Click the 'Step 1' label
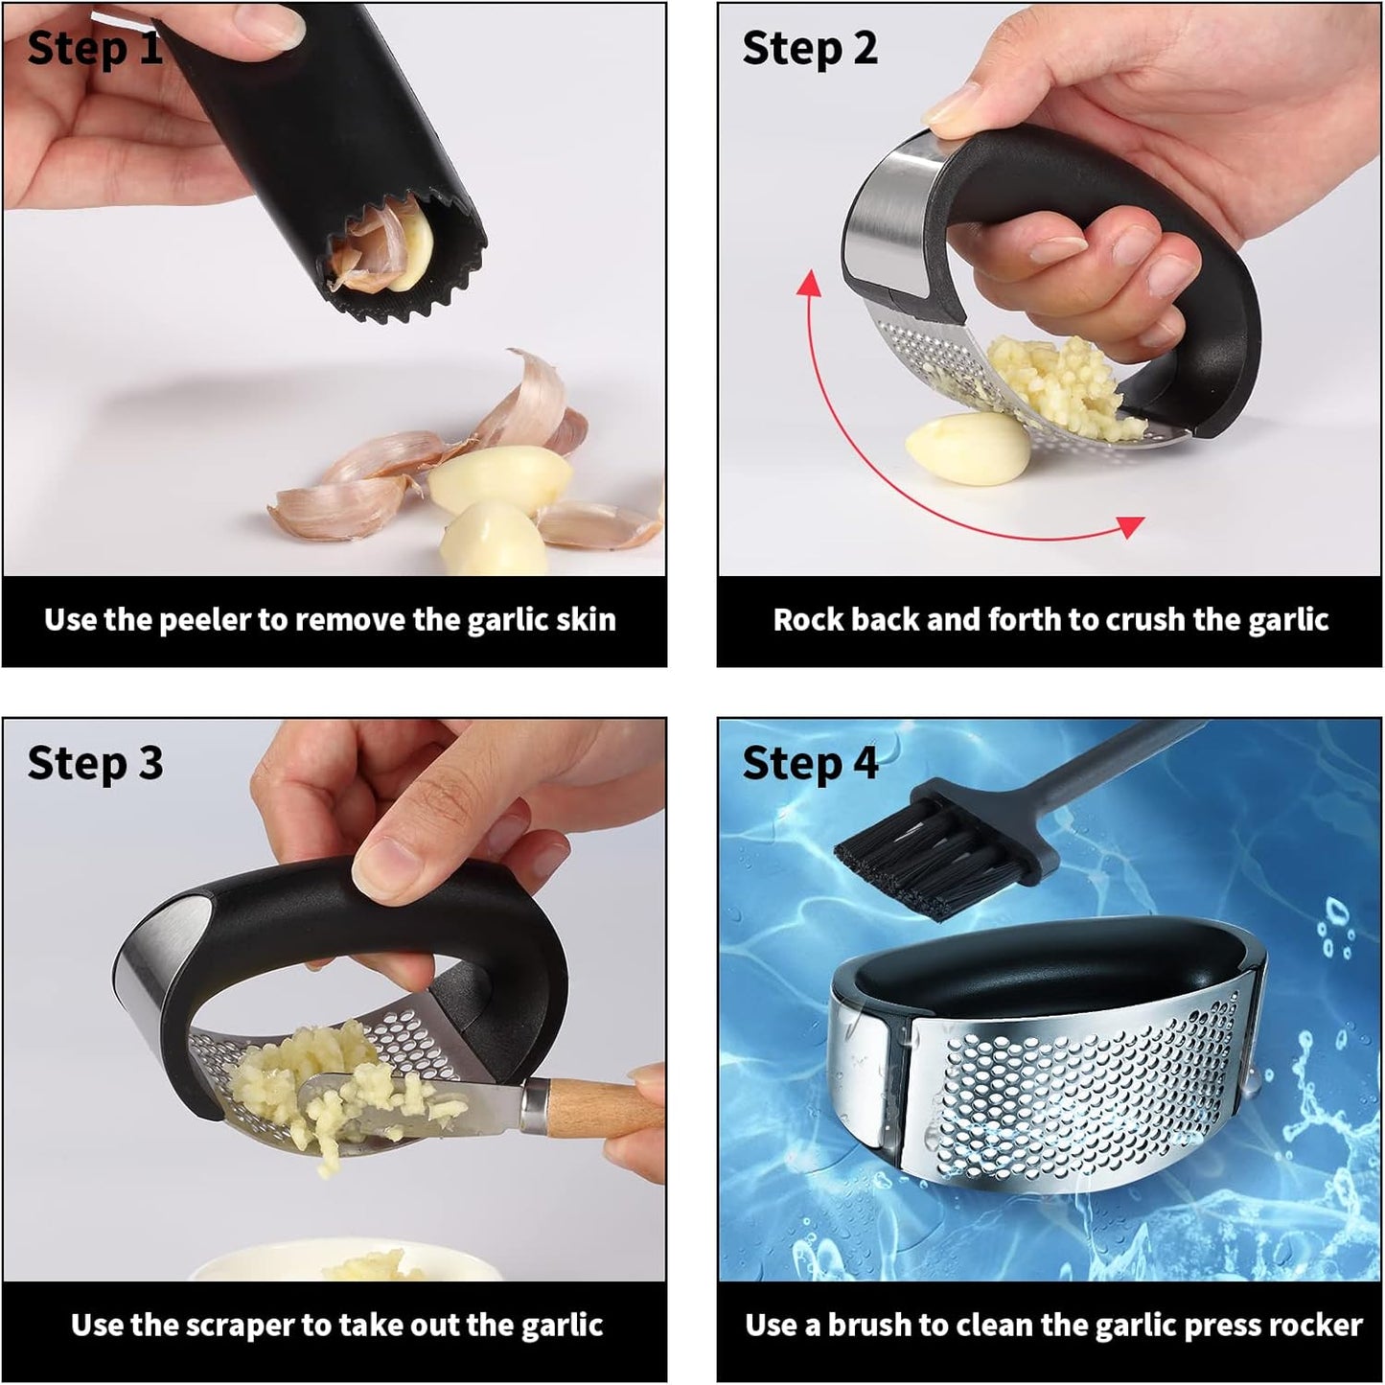95,48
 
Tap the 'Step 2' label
810,48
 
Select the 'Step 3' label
95,763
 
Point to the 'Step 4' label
810,763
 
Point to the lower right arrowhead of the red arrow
1131,525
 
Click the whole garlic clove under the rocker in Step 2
966,448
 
